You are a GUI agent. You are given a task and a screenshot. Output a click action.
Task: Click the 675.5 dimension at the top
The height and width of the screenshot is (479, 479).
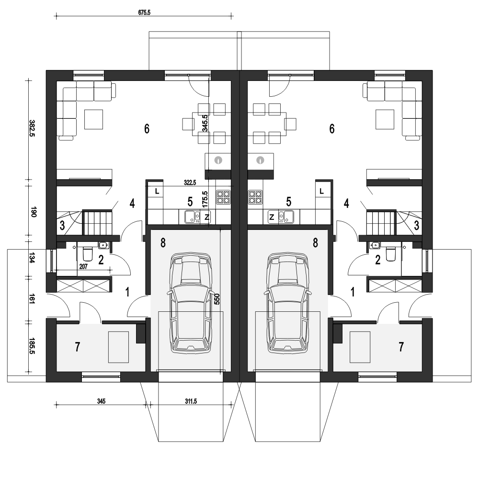point(144,12)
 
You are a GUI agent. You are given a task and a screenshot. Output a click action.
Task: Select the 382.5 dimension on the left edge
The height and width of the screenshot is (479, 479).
point(32,128)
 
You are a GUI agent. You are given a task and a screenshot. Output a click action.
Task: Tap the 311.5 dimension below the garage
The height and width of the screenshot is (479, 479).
point(191,401)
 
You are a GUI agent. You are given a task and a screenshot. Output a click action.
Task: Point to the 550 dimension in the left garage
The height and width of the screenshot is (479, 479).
point(217,299)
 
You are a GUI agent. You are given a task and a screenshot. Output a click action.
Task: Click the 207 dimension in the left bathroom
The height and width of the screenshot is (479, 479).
point(83,267)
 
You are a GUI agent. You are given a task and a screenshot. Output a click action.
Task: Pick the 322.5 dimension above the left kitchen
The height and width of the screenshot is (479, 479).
point(190,182)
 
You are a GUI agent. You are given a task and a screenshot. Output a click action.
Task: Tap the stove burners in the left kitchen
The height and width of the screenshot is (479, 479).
point(223,197)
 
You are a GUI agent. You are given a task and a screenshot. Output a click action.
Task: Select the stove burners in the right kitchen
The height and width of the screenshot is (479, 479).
point(255,197)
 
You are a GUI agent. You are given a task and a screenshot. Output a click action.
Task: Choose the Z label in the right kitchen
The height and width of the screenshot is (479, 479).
point(272,217)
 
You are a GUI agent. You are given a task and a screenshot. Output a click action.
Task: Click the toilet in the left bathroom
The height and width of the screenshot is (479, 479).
point(88,253)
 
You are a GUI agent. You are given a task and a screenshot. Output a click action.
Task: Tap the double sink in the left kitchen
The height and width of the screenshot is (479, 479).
point(193,217)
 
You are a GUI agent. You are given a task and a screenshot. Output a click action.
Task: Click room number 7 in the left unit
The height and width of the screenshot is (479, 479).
point(77,347)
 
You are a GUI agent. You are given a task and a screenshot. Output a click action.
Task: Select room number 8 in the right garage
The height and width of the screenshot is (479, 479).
point(315,243)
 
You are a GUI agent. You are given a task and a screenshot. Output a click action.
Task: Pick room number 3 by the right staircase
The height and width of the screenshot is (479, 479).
point(416,226)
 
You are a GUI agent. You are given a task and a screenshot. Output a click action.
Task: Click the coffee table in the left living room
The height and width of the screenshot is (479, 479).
point(94,119)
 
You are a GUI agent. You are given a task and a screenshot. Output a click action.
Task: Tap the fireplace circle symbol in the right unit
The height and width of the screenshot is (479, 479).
point(261,160)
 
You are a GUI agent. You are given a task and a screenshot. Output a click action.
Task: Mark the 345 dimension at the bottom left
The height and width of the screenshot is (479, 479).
point(101,401)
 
